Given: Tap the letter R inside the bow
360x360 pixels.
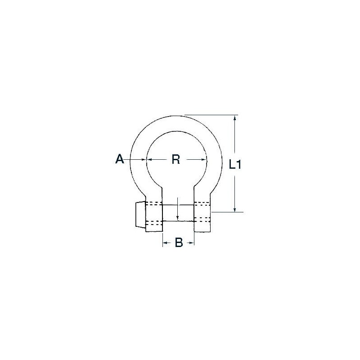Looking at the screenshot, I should pyautogui.click(x=176, y=159).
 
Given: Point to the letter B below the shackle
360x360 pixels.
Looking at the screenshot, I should pyautogui.click(x=178, y=243).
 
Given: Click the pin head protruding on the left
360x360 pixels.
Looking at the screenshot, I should pyautogui.click(x=139, y=216).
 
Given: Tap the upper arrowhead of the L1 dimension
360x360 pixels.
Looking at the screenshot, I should pyautogui.click(x=234, y=118).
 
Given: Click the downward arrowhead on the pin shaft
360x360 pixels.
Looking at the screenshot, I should pyautogui.click(x=178, y=218).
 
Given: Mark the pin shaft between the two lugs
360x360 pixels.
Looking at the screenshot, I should pyautogui.click(x=178, y=212).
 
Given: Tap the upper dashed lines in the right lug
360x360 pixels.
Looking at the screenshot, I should pyautogui.click(x=202, y=203).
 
